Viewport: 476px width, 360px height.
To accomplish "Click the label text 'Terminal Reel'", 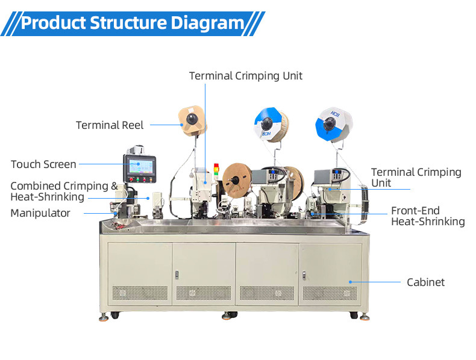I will pos(110,125).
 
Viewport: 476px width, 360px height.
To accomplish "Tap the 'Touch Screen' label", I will pos(43,164).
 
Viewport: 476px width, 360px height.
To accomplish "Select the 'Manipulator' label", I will pos(40,213).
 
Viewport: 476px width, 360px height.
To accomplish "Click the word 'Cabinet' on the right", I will pos(425,282).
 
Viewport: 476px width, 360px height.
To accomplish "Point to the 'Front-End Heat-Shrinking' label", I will pos(427,216).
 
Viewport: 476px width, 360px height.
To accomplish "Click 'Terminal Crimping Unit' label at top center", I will pos(246,76).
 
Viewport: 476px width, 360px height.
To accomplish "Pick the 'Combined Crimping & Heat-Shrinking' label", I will pos(63,191).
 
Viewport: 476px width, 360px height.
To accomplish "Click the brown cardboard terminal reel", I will pos(192,119).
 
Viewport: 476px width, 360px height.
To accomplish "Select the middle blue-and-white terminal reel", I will pos(269,125).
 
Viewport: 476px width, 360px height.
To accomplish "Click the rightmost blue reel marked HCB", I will pos(330,124).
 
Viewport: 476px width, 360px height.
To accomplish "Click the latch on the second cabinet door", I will pos(177,275).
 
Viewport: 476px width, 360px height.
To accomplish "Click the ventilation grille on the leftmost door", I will pos(140,293).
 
